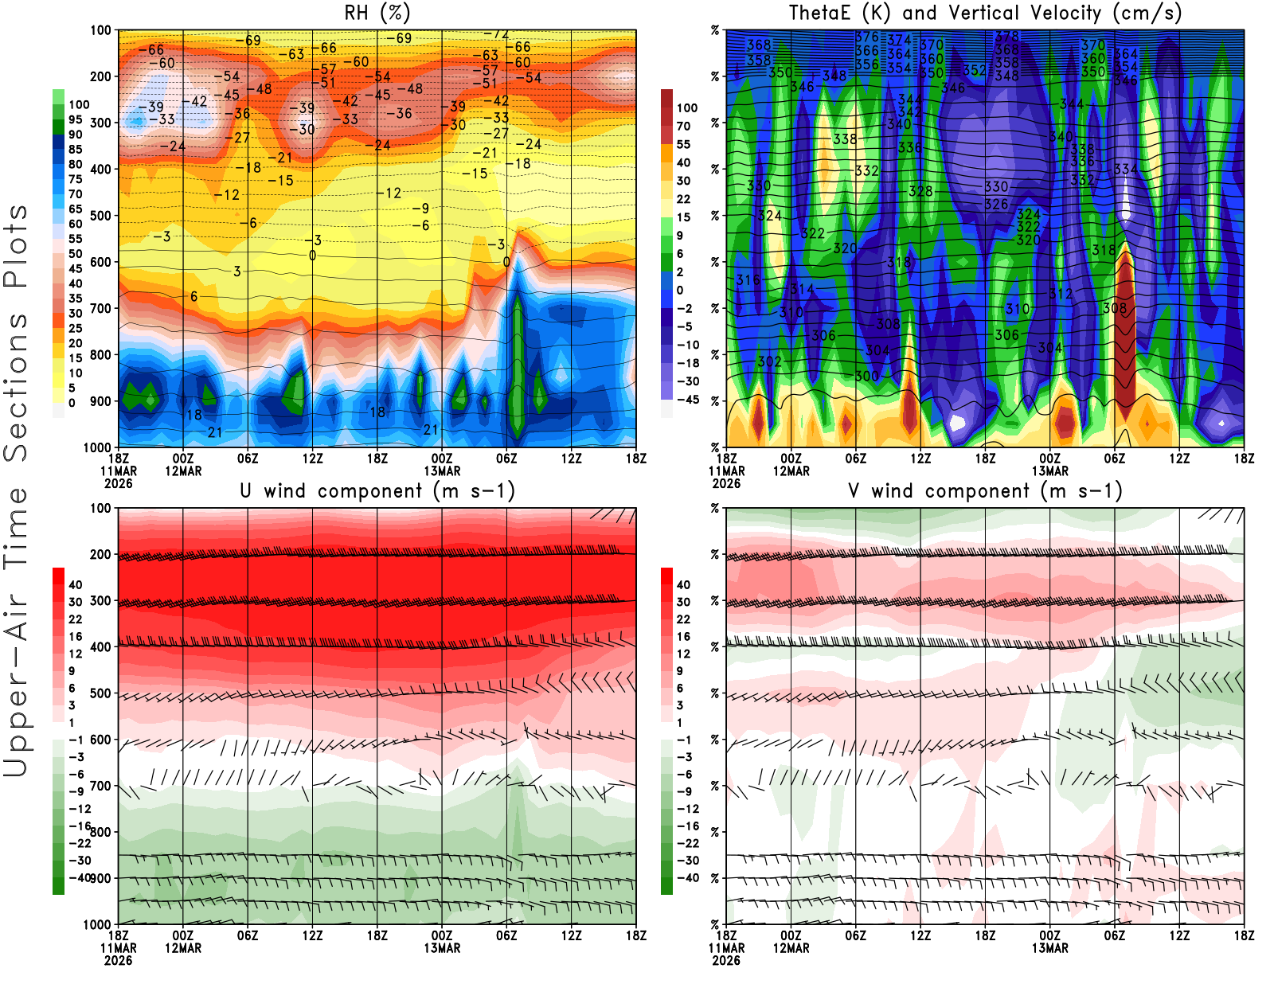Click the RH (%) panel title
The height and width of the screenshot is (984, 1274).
tap(377, 14)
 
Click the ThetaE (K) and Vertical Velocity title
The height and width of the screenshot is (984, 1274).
tap(985, 14)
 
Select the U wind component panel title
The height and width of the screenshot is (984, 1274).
tap(377, 491)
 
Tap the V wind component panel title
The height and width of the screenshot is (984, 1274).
tap(985, 491)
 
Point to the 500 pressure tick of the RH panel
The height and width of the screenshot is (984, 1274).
tap(101, 216)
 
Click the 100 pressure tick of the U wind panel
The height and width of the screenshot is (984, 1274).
tap(101, 508)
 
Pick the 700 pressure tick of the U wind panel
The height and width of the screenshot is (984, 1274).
tap(101, 786)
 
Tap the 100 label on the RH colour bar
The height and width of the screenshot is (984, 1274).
tap(79, 105)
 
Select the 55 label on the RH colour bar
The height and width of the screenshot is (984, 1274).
tap(76, 239)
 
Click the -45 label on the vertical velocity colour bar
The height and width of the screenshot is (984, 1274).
tap(688, 400)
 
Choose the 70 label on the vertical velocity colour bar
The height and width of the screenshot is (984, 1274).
tap(683, 126)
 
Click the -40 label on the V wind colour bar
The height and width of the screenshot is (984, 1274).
tap(688, 878)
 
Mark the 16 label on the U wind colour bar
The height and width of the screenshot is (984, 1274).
tap(76, 637)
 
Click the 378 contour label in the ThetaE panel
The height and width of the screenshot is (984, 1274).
tap(1007, 37)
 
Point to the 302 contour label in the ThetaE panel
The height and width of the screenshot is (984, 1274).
tap(769, 361)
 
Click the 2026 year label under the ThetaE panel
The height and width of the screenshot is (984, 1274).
tap(726, 483)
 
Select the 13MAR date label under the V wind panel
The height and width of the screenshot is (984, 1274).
tap(1050, 948)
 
